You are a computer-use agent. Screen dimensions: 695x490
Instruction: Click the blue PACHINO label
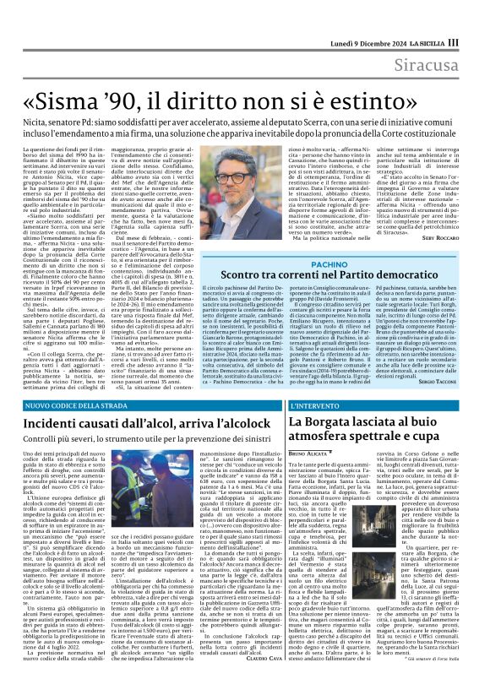tap(323, 263)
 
